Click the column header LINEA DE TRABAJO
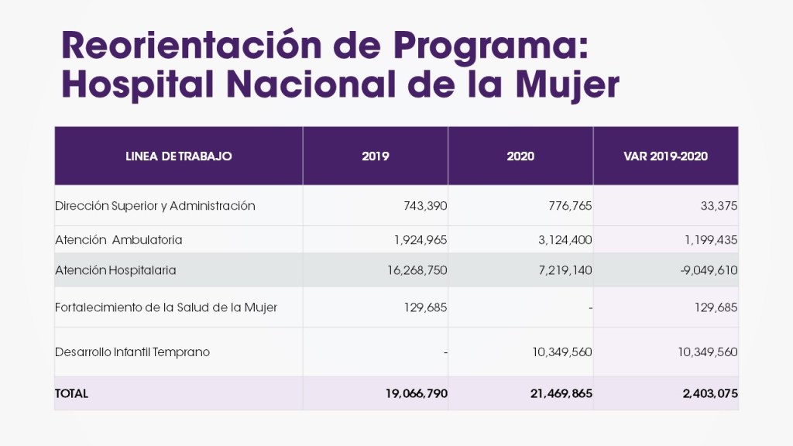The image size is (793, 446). (x=178, y=156)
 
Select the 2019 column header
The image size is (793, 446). (x=376, y=156)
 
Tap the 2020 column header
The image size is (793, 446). (x=520, y=156)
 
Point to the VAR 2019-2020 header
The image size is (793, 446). (x=665, y=156)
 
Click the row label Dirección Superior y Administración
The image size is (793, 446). (x=155, y=206)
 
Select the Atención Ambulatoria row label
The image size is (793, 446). (x=118, y=240)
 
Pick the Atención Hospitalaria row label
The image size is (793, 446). (x=115, y=270)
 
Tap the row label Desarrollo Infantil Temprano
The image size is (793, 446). (x=132, y=352)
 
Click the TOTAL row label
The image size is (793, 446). (x=71, y=393)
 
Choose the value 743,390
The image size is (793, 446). (x=425, y=206)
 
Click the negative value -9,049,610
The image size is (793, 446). (x=704, y=270)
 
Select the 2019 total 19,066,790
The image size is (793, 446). (x=416, y=393)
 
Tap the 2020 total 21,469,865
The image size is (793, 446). (x=561, y=393)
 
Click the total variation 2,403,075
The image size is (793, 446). (x=710, y=393)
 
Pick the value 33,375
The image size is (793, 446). (x=717, y=206)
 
